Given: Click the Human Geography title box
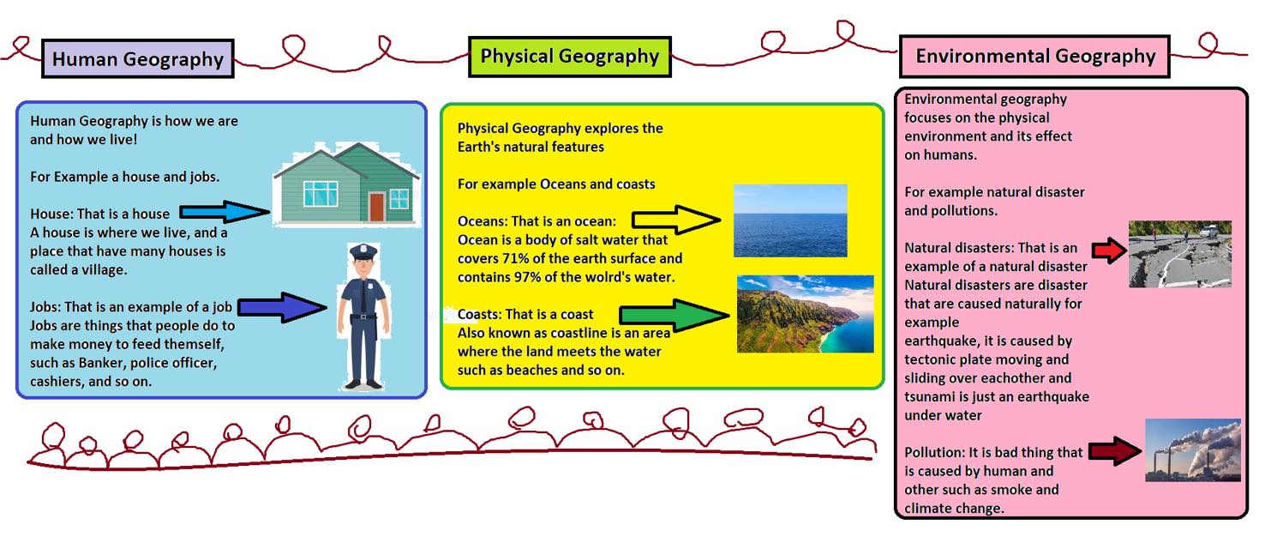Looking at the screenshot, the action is coord(138,58).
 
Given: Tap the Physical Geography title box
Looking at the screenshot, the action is coord(570,57).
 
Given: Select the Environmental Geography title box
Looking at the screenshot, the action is coord(1035,57).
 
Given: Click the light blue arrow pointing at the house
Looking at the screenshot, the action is coord(225,212).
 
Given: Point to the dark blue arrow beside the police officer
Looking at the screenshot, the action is coord(282,308).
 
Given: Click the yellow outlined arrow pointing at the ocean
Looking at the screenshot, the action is coord(676,220).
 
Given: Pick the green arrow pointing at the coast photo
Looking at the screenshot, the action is coord(674,315).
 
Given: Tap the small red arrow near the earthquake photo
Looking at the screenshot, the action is coord(1110,250).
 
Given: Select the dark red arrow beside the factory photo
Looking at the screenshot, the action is coord(1116,451).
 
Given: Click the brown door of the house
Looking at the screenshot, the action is coord(377,207).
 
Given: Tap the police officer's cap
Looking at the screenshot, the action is coord(363,251).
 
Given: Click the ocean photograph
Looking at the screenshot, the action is coord(790,220).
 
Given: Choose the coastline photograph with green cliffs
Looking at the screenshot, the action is coord(805,314).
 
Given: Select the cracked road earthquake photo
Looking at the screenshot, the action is coord(1180,254).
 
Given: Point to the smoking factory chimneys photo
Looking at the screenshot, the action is coord(1193,450).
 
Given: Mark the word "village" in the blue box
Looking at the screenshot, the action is coord(104,270).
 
